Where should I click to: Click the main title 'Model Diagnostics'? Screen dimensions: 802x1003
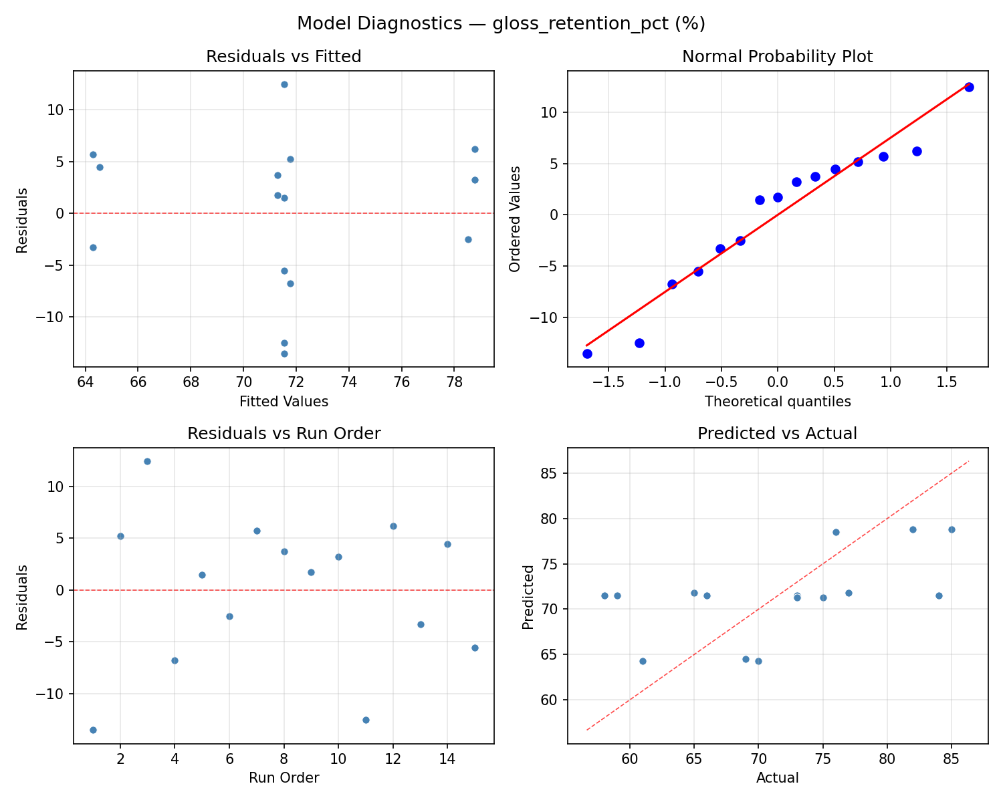(x=501, y=23)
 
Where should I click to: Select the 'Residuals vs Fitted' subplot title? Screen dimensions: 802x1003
(x=284, y=57)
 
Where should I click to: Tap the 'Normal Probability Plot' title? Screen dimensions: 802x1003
(x=777, y=57)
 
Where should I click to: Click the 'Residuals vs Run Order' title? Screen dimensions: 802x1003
(x=284, y=434)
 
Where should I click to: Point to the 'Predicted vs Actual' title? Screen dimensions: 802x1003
(x=777, y=434)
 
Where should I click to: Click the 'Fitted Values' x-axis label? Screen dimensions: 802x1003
(x=284, y=402)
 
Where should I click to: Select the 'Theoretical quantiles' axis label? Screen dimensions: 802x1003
(x=777, y=402)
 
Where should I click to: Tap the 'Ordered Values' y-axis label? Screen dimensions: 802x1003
(x=514, y=219)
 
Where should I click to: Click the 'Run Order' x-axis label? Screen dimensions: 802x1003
(x=284, y=778)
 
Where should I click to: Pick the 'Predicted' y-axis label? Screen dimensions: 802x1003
(x=528, y=596)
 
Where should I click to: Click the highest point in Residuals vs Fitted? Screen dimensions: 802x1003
(x=284, y=84)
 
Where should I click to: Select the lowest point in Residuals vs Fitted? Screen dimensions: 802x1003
(x=284, y=354)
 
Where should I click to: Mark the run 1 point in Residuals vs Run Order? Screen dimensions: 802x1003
(x=93, y=730)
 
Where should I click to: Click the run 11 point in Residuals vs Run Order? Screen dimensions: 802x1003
(x=366, y=720)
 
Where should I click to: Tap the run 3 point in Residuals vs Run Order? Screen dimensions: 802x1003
(x=147, y=461)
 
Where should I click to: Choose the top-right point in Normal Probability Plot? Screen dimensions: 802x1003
(x=969, y=87)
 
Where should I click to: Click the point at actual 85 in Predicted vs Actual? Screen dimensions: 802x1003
(x=952, y=529)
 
